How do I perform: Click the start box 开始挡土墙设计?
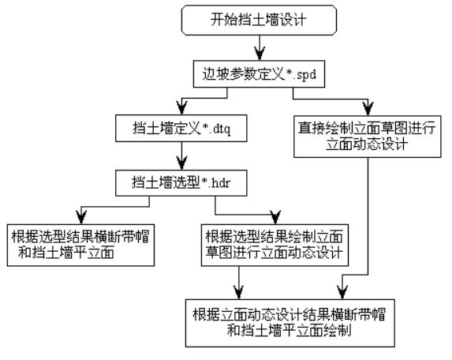(x=259, y=21)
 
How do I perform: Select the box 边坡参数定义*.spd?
(x=259, y=74)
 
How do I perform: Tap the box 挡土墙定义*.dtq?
(x=181, y=128)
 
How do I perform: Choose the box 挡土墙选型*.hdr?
(x=181, y=183)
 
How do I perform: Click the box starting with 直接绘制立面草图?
(x=368, y=137)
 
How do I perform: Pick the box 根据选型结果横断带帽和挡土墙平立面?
(x=80, y=245)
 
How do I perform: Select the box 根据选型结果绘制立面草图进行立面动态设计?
(x=275, y=245)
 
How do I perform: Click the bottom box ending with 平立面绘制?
(x=290, y=323)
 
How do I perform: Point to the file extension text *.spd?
(x=301, y=75)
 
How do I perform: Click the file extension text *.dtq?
(x=216, y=129)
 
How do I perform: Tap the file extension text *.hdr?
(x=215, y=183)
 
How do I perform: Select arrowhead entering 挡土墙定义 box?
(x=181, y=108)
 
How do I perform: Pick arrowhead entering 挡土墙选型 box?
(x=181, y=163)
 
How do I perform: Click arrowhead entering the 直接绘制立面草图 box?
(x=368, y=109)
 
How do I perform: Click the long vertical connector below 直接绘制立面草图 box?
(x=368, y=216)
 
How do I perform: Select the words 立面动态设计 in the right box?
(x=367, y=144)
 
